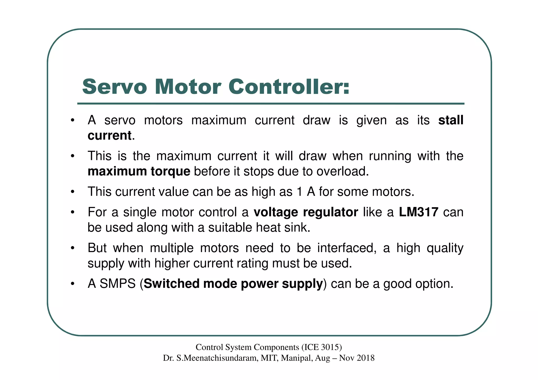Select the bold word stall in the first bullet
click(451, 120)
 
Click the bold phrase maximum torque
click(139, 171)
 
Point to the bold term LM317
click(418, 212)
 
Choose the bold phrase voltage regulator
click(306, 212)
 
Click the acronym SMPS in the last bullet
click(117, 284)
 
